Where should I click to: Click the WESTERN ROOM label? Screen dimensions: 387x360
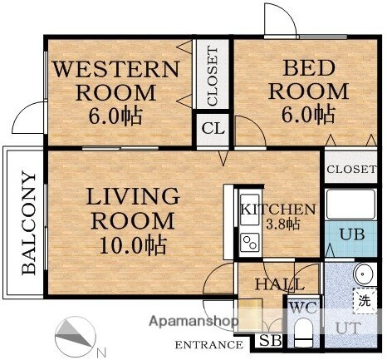tap(116, 81)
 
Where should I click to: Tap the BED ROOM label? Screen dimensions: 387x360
tap(308, 80)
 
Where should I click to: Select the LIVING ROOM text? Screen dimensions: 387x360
tap(133, 209)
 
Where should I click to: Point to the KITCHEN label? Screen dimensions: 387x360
tap(278, 210)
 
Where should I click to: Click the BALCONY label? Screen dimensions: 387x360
tap(29, 224)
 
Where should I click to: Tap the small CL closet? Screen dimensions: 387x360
tap(213, 129)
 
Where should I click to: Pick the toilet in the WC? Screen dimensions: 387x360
tap(303, 332)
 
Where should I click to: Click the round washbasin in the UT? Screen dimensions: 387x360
tap(364, 274)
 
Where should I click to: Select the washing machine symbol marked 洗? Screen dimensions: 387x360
tap(365, 300)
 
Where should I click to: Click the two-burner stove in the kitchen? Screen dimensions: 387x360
tap(250, 242)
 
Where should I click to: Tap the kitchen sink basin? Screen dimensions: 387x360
tap(249, 210)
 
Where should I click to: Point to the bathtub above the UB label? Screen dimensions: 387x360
tap(351, 205)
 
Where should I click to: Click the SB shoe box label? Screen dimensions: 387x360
tap(271, 341)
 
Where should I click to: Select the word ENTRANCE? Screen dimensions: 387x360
tap(209, 345)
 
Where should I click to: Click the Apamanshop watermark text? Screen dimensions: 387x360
tap(193, 321)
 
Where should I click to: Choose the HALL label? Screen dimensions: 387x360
tap(280, 284)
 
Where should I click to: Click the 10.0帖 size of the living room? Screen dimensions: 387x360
tap(133, 245)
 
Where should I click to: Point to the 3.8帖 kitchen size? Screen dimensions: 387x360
tap(282, 224)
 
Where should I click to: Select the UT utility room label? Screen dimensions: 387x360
tap(348, 328)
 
